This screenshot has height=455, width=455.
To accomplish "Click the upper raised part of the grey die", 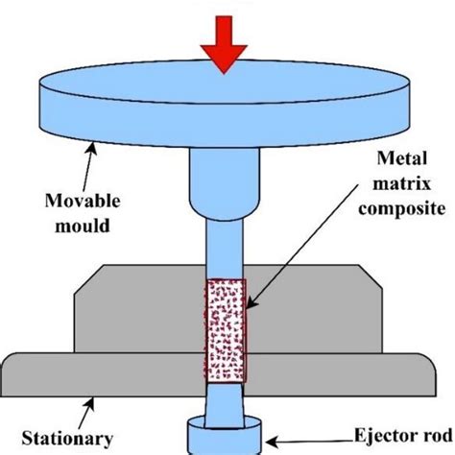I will [144, 307].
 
